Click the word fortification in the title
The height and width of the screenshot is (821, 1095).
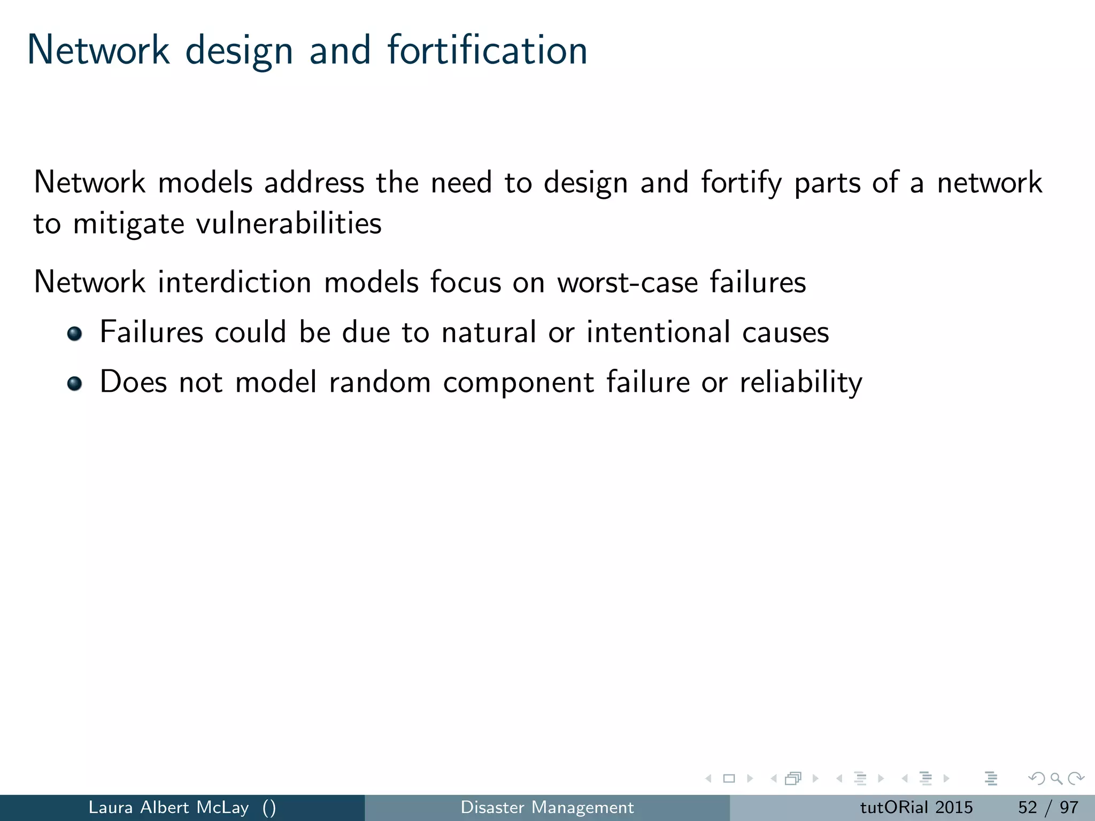point(487,50)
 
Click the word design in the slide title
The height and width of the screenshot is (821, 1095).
point(239,51)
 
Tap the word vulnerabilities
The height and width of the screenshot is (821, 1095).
point(289,223)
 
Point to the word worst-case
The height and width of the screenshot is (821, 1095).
point(627,283)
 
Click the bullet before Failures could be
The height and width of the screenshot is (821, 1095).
point(75,334)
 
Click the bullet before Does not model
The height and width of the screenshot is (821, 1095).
point(75,383)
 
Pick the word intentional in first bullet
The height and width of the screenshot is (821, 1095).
point(658,332)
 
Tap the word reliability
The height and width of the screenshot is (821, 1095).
point(801,383)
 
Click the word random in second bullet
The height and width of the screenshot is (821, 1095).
point(380,383)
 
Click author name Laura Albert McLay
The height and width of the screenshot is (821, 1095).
point(168,807)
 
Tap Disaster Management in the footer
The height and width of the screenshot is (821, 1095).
point(547,807)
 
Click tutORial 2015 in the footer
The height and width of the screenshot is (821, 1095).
point(916,807)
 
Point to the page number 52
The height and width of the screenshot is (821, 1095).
point(1027,807)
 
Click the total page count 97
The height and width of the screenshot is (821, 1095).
point(1069,807)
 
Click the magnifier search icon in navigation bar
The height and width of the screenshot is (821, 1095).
point(1055,779)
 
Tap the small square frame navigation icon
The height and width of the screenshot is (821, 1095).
point(729,779)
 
